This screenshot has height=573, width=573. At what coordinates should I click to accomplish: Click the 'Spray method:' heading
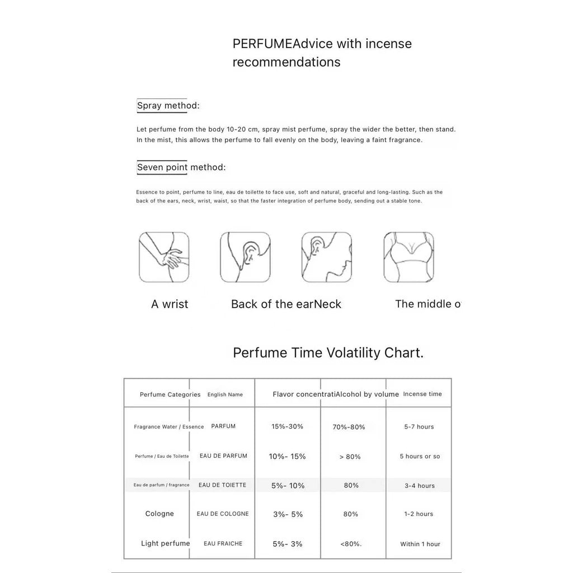coord(168,106)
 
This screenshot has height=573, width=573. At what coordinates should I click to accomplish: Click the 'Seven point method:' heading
coord(181,167)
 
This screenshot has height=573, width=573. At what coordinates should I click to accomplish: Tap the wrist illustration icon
coord(164,257)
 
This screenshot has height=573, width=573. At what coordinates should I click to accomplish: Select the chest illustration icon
coord(408,257)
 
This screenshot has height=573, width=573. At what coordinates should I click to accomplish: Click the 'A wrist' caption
coord(170,304)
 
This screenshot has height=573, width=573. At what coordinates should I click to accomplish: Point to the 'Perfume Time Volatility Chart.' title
coord(328,353)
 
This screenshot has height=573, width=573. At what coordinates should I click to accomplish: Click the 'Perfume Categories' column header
coord(170,394)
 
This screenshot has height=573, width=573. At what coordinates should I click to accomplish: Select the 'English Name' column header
coord(225,394)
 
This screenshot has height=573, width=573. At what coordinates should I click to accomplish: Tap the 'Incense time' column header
coord(422,394)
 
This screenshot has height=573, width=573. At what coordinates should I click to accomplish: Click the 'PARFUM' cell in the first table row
coord(223,426)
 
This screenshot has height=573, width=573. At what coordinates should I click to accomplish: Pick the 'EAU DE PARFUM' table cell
coord(223,456)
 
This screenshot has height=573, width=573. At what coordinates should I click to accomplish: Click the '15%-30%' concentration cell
coord(287,426)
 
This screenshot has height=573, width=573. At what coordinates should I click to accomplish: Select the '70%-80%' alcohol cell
coord(349,427)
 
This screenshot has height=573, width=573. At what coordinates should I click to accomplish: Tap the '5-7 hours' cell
coord(419,427)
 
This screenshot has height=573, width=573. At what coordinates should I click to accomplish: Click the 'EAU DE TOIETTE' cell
coord(222,485)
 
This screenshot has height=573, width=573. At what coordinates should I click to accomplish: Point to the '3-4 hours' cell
coord(420,486)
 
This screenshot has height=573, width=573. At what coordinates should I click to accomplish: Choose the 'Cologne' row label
coord(159,514)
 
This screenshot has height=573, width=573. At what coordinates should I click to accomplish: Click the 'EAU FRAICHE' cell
coord(223,543)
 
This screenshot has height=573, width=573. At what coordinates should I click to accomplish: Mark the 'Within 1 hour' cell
coord(420,544)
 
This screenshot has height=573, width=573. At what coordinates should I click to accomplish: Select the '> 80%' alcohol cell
coord(350,457)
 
